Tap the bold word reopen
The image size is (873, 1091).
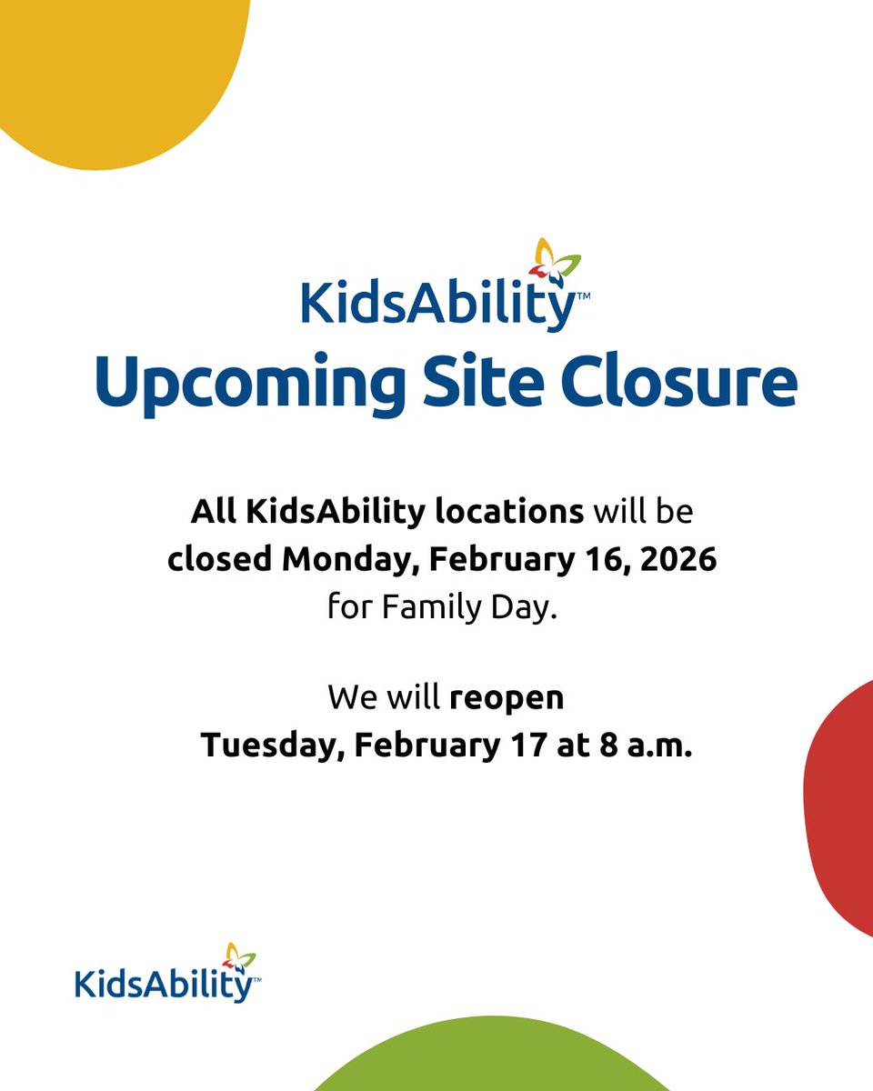[x=507, y=698]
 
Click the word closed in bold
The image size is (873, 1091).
[x=220, y=559]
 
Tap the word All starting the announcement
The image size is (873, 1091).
[x=212, y=512]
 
